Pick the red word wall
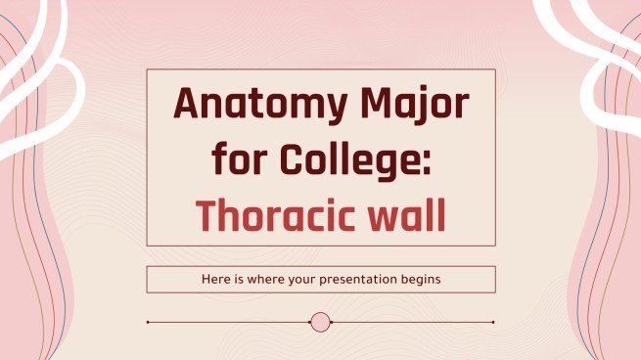pyautogui.click(x=404, y=212)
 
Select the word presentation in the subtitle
pyautogui.click(x=351, y=280)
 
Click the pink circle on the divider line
pyautogui.click(x=320, y=322)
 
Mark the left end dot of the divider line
pyautogui.click(x=147, y=322)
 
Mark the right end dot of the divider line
pyautogui.click(x=493, y=322)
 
